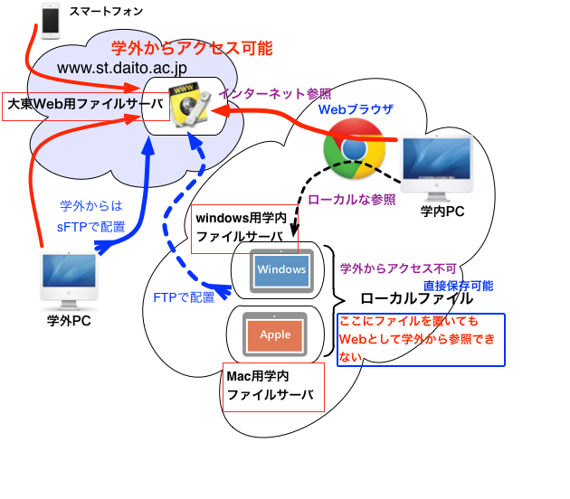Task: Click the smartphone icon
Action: coord(51,20)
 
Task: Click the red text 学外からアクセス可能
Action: coord(191,48)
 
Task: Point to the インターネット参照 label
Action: coord(276,93)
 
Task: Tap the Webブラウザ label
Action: coord(356,109)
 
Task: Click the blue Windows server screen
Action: coord(281,269)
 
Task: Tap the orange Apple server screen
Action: coord(275,334)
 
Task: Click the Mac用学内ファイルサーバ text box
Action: coord(273,386)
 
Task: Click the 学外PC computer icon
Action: coord(72,281)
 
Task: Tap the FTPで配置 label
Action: coord(184,297)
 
